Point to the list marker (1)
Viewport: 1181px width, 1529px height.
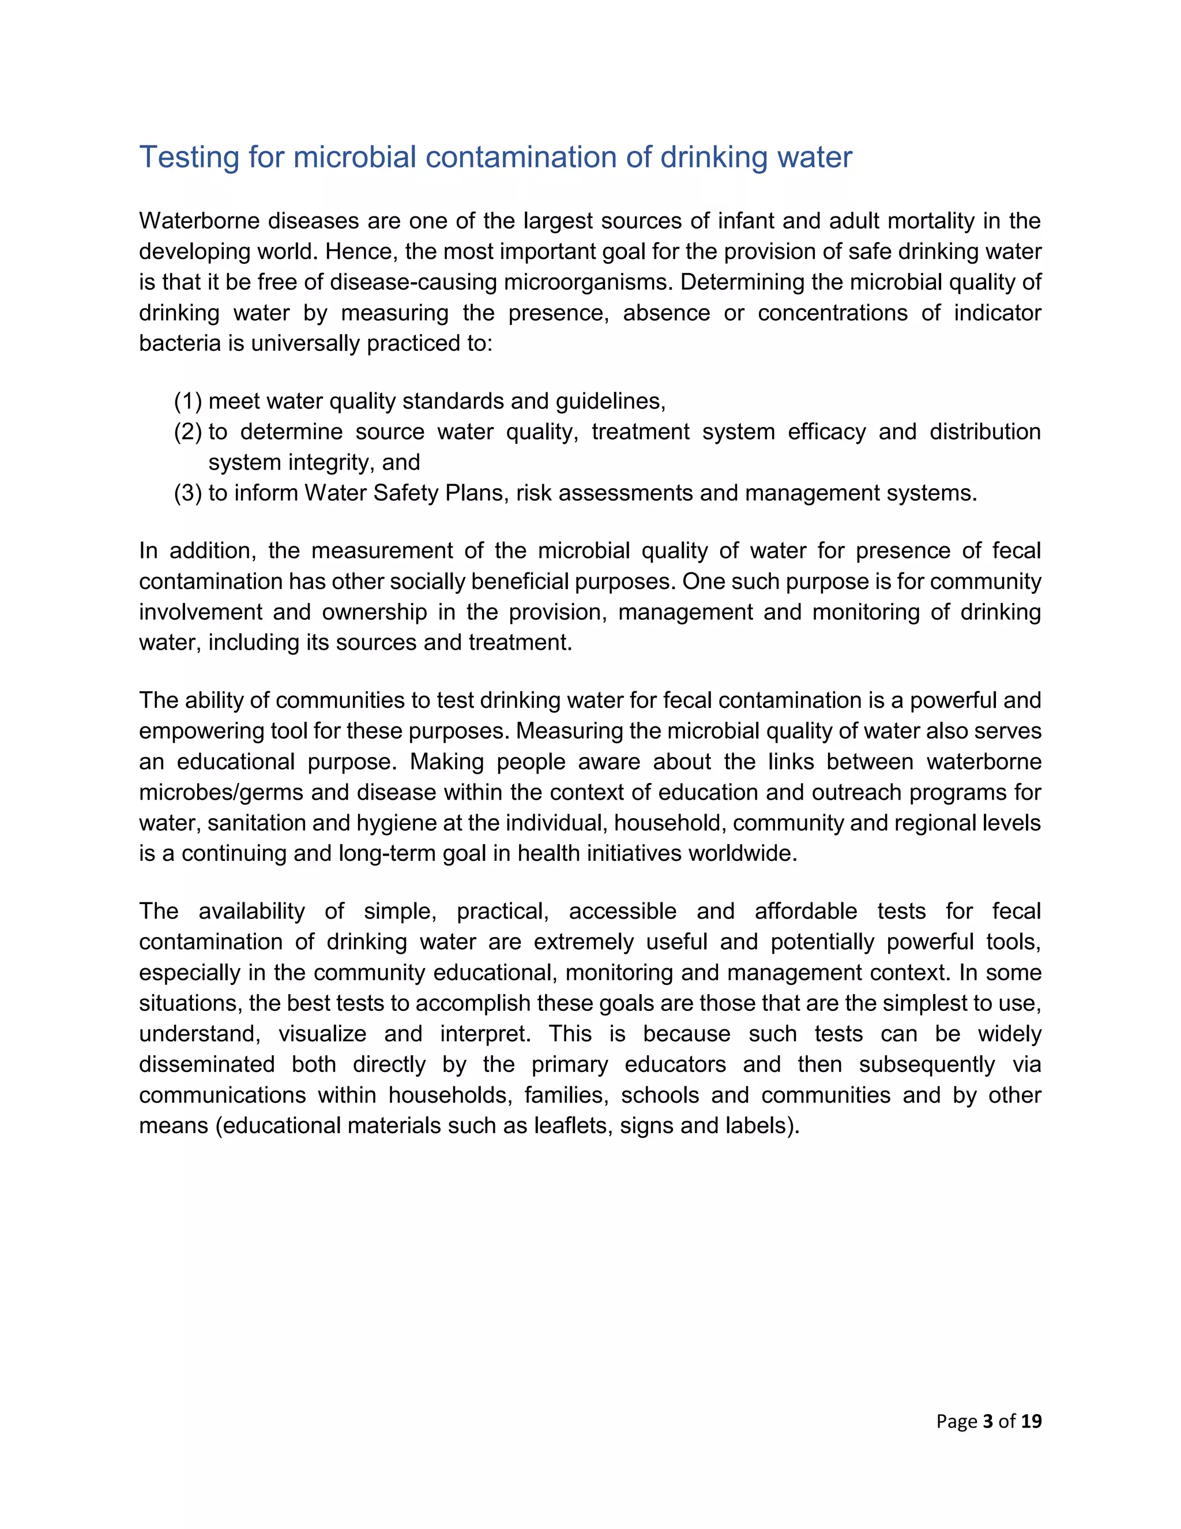[x=188, y=401]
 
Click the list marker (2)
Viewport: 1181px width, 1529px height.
[x=188, y=432]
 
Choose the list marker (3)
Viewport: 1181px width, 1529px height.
[x=188, y=493]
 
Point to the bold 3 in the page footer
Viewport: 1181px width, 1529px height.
[x=988, y=1421]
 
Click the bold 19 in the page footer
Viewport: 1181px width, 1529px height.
[x=1031, y=1421]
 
